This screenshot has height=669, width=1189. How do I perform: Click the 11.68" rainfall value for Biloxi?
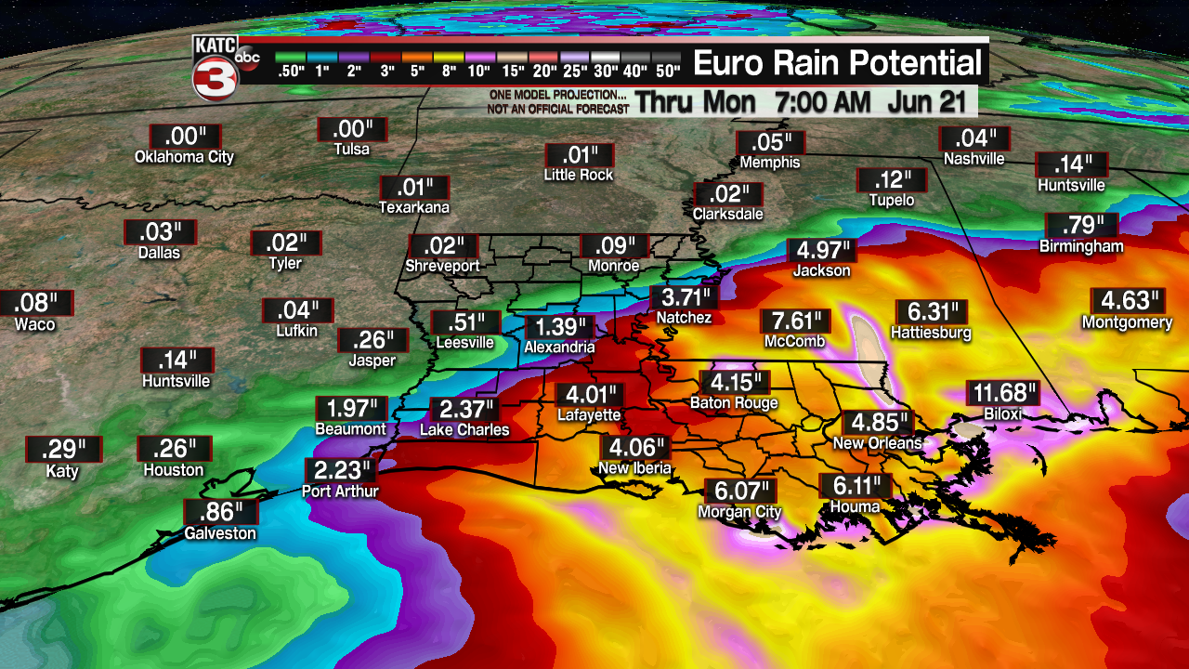point(1003,394)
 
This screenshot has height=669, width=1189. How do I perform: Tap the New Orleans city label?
point(877,443)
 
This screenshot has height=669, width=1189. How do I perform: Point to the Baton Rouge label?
point(734,403)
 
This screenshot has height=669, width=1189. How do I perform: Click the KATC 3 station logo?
point(216,68)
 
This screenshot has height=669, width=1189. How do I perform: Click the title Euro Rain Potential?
point(837,63)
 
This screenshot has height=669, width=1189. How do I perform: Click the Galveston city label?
point(219,533)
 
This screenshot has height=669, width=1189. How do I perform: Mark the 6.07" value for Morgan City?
point(740,491)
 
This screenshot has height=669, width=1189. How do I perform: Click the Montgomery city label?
point(1127,322)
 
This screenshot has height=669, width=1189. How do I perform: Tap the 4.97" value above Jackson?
point(822,251)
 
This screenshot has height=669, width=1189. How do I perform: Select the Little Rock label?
point(579,175)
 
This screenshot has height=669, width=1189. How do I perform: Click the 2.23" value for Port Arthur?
point(340,470)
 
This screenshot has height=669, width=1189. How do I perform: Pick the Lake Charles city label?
point(464,430)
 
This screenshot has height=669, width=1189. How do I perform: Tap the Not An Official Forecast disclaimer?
point(557,110)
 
